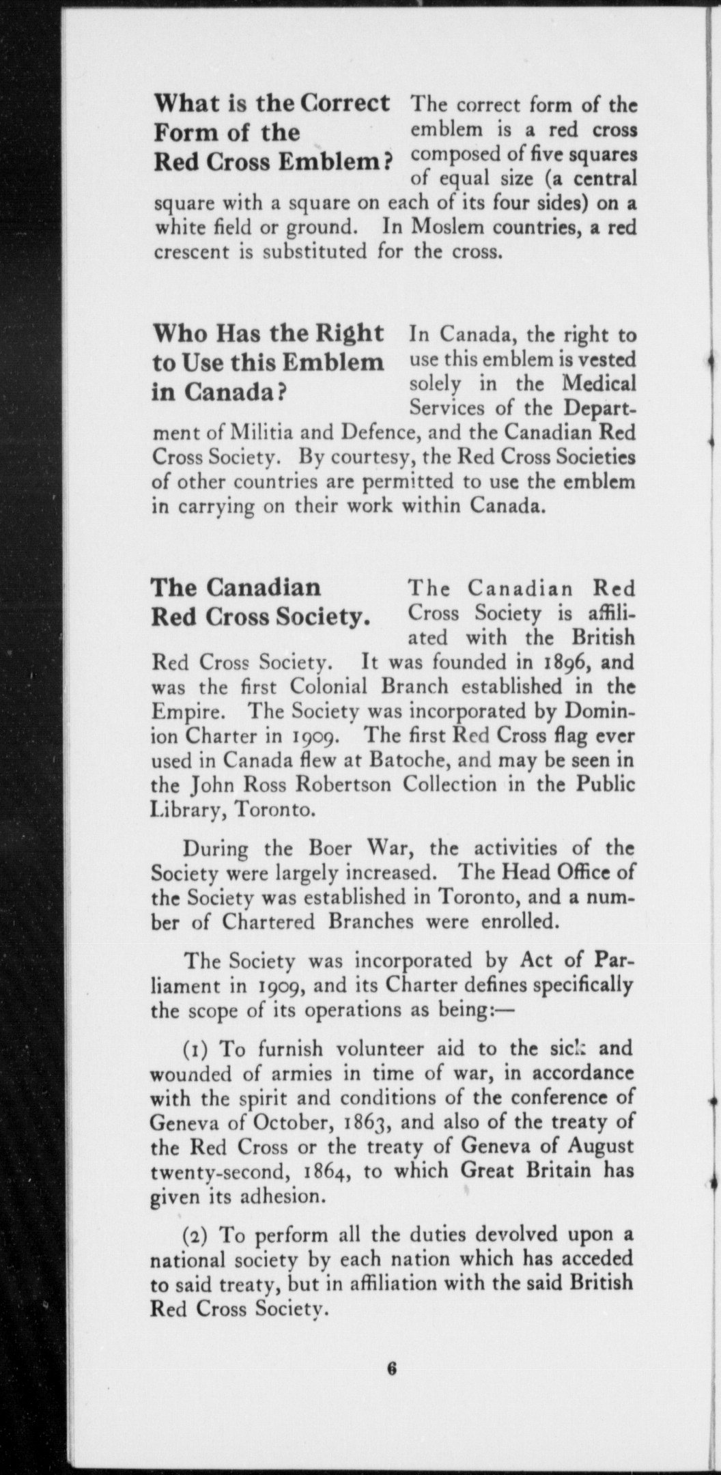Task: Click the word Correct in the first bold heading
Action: (347, 104)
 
